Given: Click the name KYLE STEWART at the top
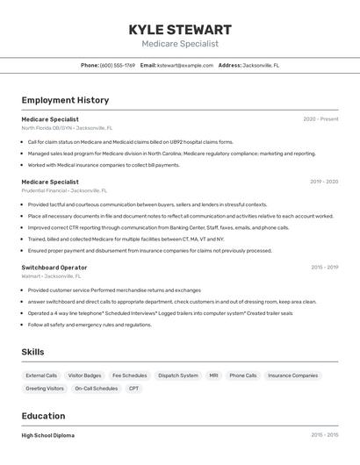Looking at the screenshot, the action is tap(180, 29).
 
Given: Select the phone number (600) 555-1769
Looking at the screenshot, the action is tap(118, 65).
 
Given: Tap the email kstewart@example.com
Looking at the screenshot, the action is tap(185, 65).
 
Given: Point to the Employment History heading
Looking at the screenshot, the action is tap(65, 100).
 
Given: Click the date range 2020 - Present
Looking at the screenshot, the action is tap(320, 118).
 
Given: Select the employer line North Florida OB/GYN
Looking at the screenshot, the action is tap(47, 127).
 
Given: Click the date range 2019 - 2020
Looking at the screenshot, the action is tap(323, 182).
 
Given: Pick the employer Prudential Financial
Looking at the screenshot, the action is tap(44, 190).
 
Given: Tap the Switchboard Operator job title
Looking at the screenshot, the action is tap(54, 267).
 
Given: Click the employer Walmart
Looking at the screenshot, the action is tap(32, 275).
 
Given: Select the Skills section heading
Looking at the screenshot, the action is tap(32, 352).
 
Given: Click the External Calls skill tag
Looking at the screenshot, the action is tap(41, 376).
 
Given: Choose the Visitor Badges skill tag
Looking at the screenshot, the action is tap(85, 376).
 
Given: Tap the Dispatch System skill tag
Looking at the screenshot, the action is tap(178, 376).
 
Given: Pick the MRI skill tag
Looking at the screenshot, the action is tap(213, 376).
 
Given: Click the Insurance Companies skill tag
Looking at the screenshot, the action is tap(292, 376).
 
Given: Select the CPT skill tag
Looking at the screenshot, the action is tap(133, 388).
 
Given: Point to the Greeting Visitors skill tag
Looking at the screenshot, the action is tap(45, 388).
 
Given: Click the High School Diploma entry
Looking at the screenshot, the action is tap(48, 435).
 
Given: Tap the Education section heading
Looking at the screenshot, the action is tap(43, 416).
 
